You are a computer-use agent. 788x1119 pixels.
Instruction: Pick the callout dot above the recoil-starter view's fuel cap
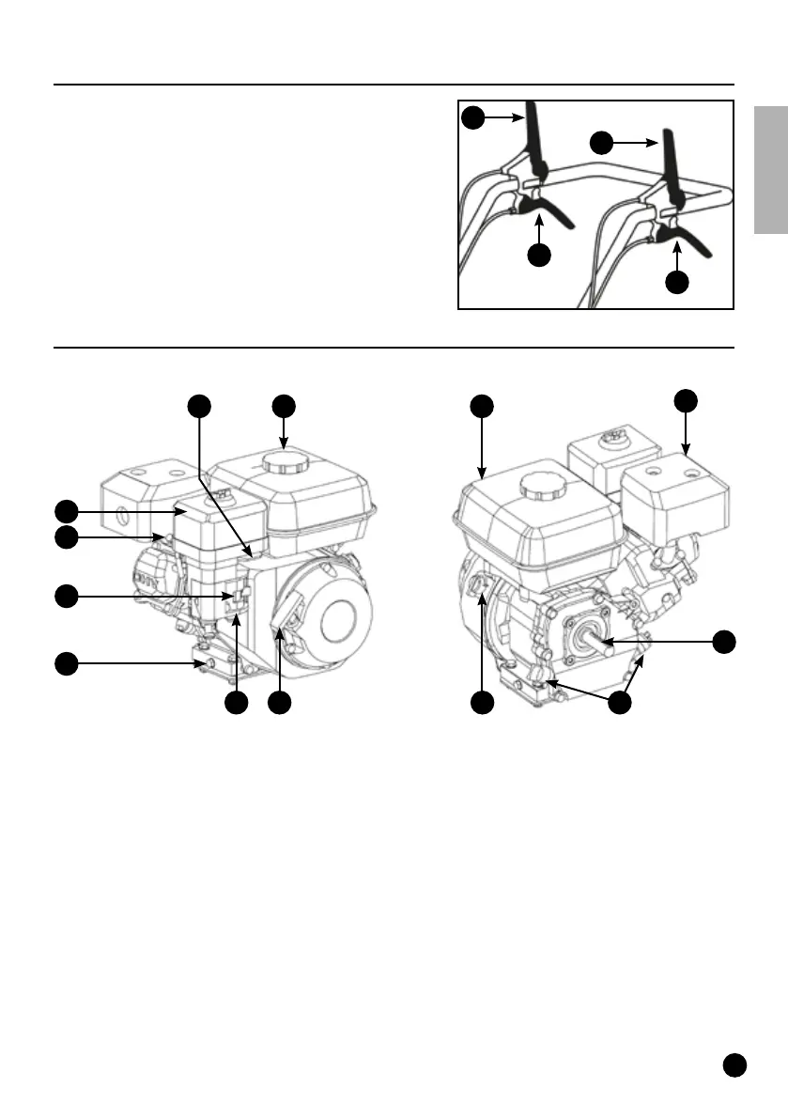(284, 406)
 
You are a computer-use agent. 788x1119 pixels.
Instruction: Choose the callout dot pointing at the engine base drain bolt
(66, 664)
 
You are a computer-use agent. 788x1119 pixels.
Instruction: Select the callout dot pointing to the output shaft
(723, 642)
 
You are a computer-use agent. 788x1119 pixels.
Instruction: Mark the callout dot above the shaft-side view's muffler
(687, 399)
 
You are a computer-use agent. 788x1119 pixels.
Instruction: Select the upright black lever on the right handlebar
(672, 154)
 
